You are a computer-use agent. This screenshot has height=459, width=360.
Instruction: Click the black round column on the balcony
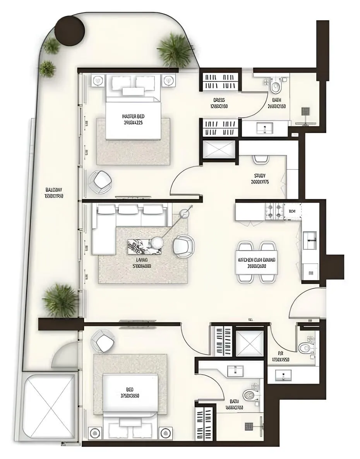69,29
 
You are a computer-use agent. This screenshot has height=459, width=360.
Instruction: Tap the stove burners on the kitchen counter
274,211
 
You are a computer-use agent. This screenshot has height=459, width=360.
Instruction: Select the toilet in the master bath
276,87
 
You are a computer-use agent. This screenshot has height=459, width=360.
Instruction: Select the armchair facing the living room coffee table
183,246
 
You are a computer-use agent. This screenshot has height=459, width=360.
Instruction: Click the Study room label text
260,175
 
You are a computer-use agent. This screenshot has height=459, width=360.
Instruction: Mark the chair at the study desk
261,159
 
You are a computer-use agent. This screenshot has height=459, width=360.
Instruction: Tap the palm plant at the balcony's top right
175,50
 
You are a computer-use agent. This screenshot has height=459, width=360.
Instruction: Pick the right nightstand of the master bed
168,80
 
